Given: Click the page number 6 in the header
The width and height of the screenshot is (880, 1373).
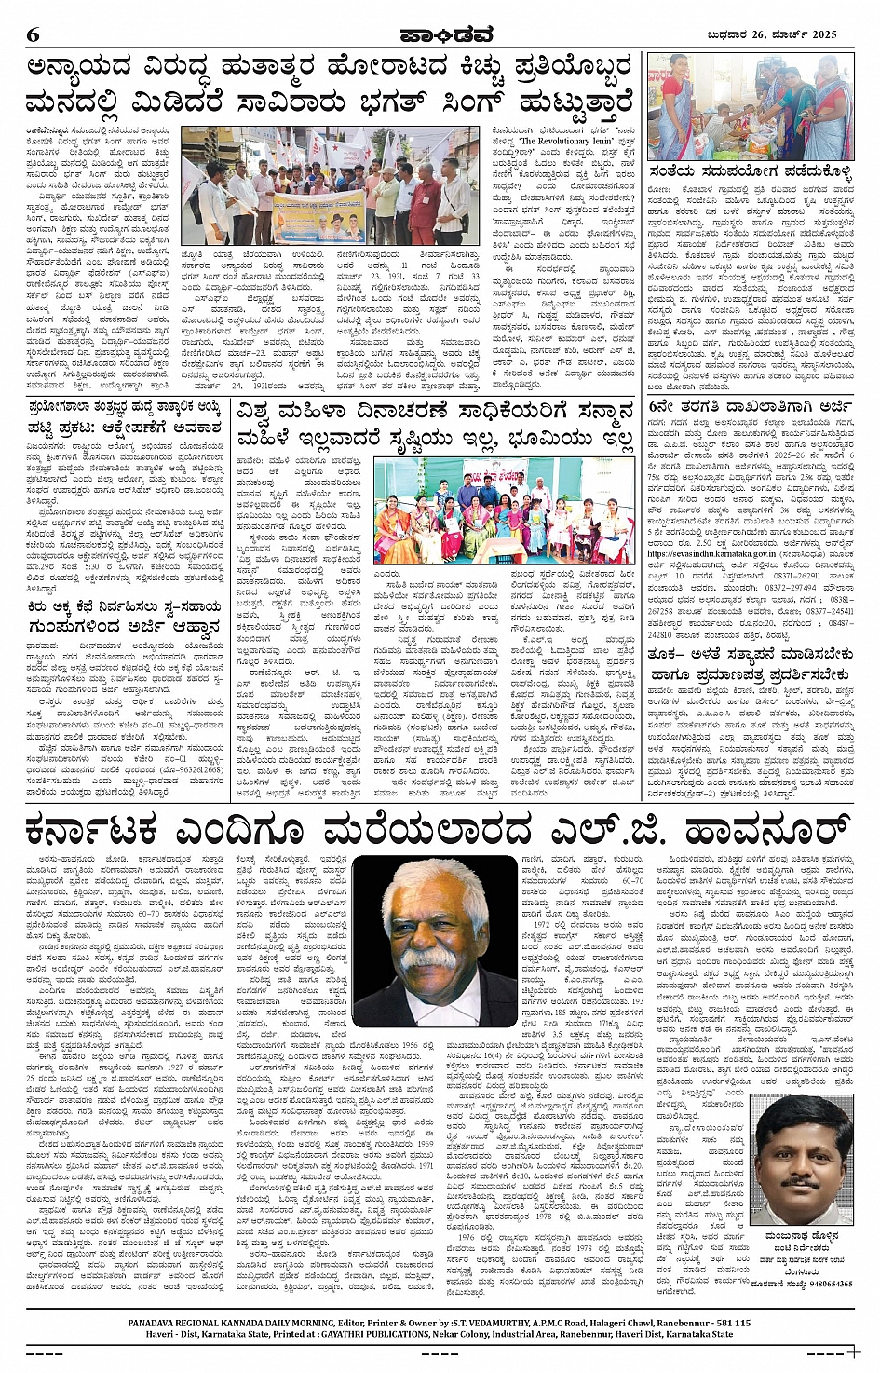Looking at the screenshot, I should (x=34, y=35).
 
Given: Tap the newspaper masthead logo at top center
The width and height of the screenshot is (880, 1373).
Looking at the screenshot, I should (x=440, y=35).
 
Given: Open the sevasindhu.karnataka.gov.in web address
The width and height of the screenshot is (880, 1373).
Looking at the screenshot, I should (x=711, y=554).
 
